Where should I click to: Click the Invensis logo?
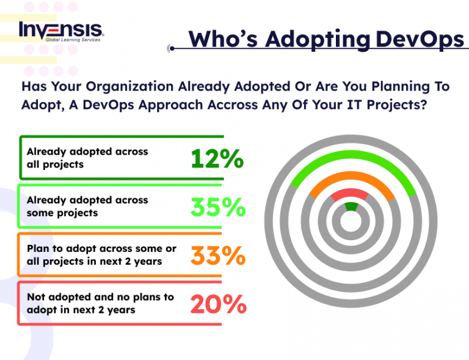tap(61, 30)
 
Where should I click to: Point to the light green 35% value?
tap(218, 208)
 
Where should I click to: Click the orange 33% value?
tap(217, 255)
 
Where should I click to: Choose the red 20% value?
tap(218, 304)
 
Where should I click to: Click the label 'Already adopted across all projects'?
tap(87, 158)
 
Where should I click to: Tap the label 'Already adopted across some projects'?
tap(87, 207)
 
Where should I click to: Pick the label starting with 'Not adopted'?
tap(100, 303)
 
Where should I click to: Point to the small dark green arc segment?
tap(351, 207)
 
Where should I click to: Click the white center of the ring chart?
tap(351, 222)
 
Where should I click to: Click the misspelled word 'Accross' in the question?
tap(257, 104)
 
